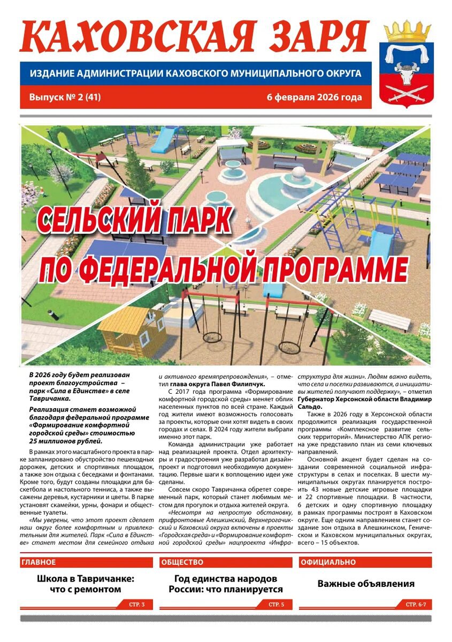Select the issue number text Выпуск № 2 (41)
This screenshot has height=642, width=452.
coord(65,97)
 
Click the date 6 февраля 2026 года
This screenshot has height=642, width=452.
coord(315,97)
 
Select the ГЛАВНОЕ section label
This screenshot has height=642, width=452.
coord(39,562)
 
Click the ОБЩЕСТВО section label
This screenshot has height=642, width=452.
coord(182,562)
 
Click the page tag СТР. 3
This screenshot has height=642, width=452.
coord(137,604)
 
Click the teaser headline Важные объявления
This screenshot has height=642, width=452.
coord(366,584)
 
